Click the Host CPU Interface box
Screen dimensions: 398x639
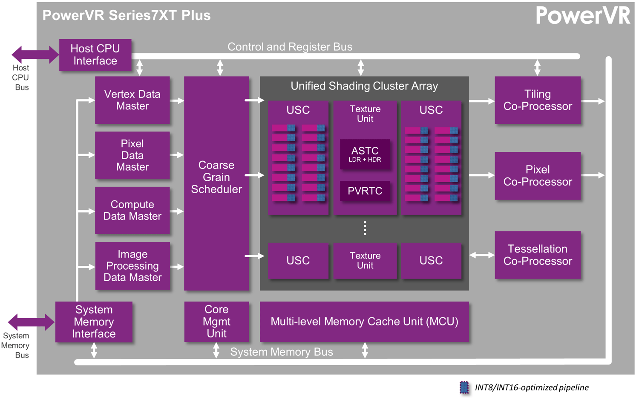(x=95, y=55)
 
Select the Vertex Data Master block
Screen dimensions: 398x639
(x=132, y=100)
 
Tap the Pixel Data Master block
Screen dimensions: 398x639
(x=132, y=155)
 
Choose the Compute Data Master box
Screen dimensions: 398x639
(x=132, y=210)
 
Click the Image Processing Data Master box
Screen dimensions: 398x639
(x=132, y=266)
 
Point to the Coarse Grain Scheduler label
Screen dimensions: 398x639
(x=216, y=177)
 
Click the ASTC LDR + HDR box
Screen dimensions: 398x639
(x=365, y=154)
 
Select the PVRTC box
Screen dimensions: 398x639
(x=365, y=191)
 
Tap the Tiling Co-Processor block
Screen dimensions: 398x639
(x=537, y=100)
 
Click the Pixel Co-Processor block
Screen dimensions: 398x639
(x=537, y=176)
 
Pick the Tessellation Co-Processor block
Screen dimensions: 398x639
(x=537, y=255)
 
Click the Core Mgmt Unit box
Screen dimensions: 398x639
(x=216, y=322)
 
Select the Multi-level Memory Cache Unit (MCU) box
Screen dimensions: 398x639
(x=364, y=322)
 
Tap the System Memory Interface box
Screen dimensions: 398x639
(x=94, y=322)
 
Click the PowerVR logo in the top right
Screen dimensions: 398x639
(x=582, y=15)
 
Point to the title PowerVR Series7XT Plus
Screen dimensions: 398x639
(x=127, y=15)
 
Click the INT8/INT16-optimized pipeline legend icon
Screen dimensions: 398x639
(x=464, y=387)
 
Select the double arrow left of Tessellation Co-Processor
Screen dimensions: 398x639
(x=482, y=255)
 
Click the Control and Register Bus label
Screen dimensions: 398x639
(x=290, y=47)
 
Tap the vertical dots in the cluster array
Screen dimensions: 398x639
(x=365, y=228)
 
